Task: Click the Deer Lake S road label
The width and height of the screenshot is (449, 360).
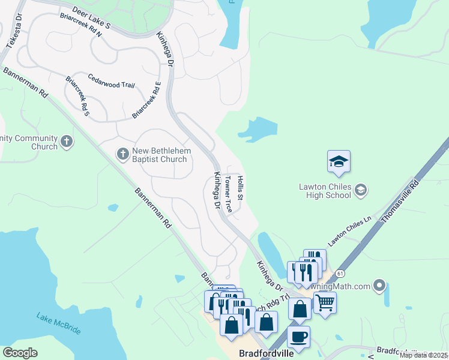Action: [x=91, y=19]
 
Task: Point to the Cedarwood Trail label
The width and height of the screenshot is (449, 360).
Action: [x=111, y=81]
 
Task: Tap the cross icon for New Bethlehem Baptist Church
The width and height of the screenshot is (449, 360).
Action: [x=122, y=154]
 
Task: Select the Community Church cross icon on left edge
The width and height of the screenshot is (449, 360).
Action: [x=67, y=142]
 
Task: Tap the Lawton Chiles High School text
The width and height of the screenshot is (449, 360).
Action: [x=325, y=191]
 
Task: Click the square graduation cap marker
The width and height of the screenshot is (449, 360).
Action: [x=339, y=161]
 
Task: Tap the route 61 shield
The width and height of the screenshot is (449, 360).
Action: [x=340, y=274]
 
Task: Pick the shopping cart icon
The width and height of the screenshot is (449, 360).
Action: [x=325, y=301]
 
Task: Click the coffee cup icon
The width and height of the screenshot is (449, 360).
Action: [x=298, y=337]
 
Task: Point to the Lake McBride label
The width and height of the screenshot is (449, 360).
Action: [x=58, y=324]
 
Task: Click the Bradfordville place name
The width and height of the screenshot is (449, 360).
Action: [x=266, y=353]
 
